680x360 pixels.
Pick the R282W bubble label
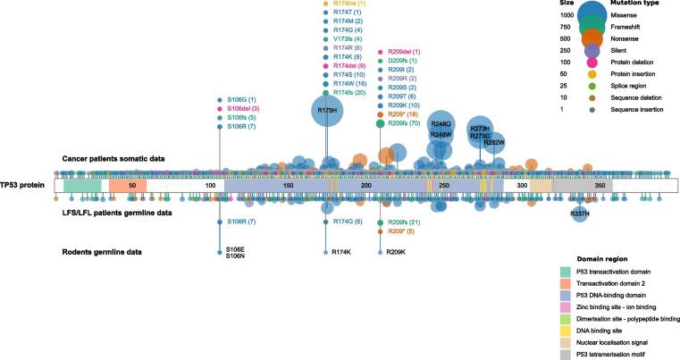click(x=494, y=142)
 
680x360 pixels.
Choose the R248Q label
click(x=441, y=124)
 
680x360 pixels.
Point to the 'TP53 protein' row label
click(x=24, y=185)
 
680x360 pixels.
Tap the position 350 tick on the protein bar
click(x=600, y=185)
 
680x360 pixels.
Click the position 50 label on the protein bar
click(x=131, y=185)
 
